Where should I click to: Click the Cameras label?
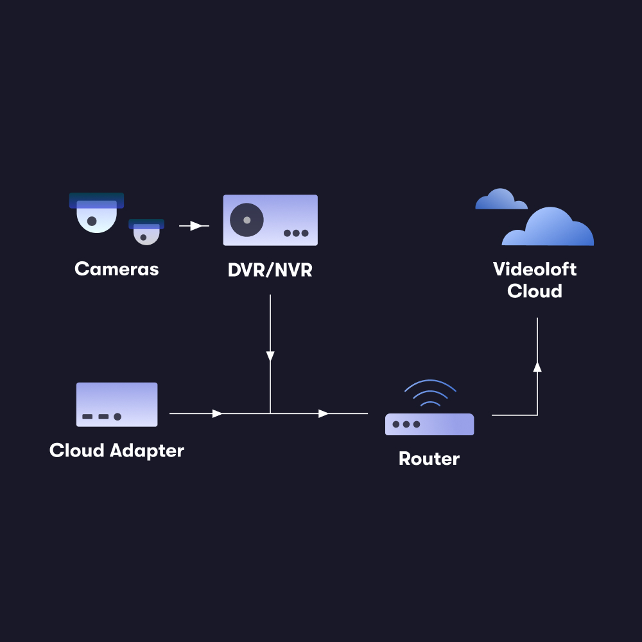point(116,268)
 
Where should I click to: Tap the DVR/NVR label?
point(270,270)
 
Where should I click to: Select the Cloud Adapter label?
point(116,451)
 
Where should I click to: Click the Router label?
point(429,459)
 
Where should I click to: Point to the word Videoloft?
point(535,269)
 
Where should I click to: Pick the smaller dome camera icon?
point(146,231)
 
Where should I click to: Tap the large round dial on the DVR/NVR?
point(247,220)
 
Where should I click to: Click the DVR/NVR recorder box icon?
point(270,220)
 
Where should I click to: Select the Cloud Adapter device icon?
point(117,404)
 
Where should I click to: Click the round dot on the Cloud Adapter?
point(117,417)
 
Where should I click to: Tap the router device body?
point(429,424)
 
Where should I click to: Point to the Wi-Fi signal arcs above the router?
point(429,393)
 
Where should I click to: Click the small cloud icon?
point(500,200)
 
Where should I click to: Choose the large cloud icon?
point(549,227)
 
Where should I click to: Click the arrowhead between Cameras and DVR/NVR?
point(197,226)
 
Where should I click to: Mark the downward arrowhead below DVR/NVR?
point(270,356)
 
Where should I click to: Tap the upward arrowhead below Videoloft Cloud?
point(537,367)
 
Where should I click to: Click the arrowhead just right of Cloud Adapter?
point(218,413)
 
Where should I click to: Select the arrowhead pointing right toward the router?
point(324,413)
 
